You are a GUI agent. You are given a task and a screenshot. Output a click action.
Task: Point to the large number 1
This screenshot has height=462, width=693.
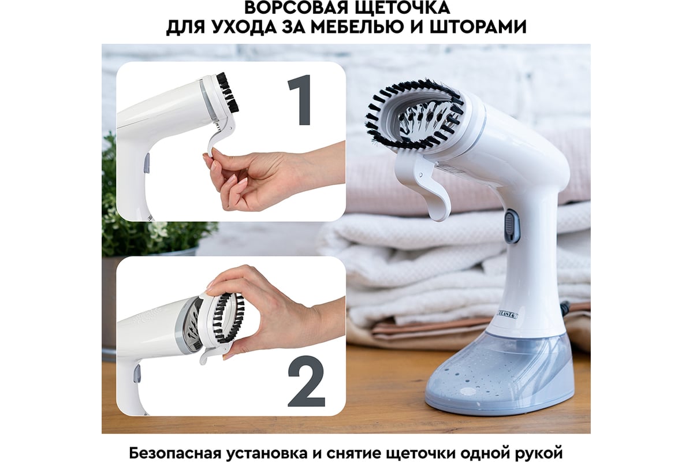[300, 100]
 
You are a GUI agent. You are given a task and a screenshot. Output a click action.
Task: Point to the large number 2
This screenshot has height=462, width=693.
[306, 381]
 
